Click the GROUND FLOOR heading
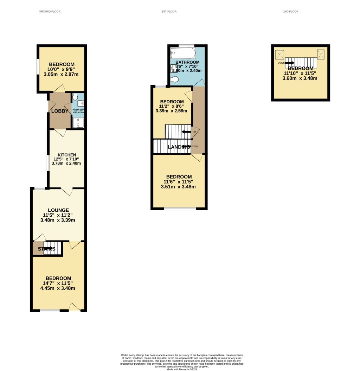[x=50, y=12]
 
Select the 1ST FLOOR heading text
[x=169, y=12]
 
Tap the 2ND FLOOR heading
[x=290, y=12]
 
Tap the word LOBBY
[x=60, y=111]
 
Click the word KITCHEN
[x=67, y=155]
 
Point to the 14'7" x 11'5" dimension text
[x=58, y=283]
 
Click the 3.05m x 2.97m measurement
[x=62, y=74]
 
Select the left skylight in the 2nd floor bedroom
[x=279, y=55]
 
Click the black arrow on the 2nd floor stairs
[x=290, y=63]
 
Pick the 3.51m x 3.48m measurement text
[x=178, y=187]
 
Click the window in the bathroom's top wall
[x=186, y=45]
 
